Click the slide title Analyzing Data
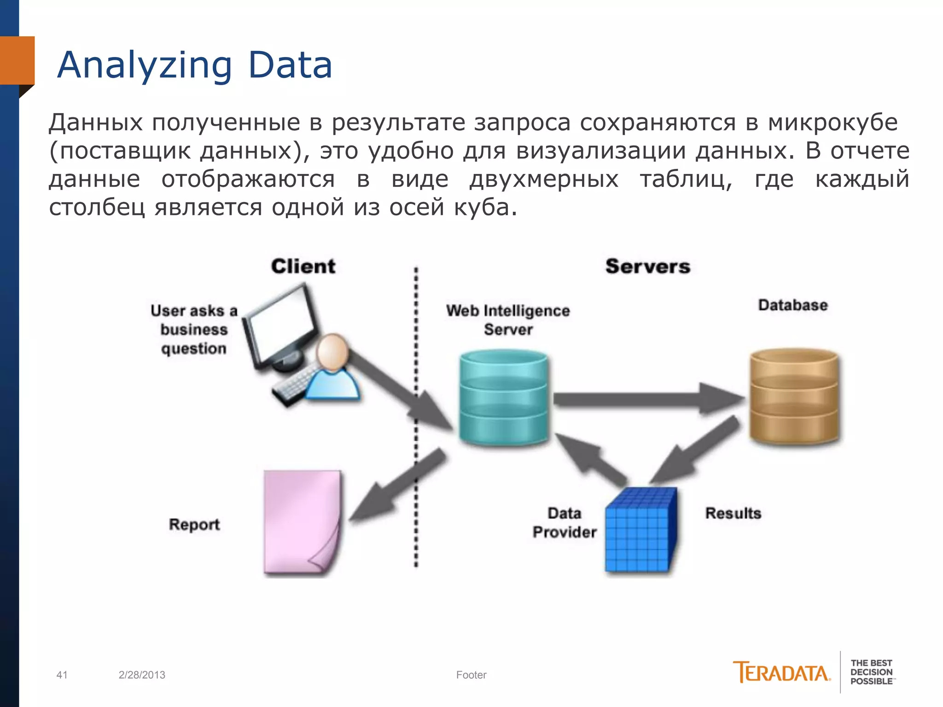coord(194,65)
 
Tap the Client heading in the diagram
coord(303,267)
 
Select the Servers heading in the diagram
coord(647,267)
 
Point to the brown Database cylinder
coord(794,396)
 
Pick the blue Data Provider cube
coord(640,532)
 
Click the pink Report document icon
coord(302,522)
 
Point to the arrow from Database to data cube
coord(695,453)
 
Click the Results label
coord(733,513)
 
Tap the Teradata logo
coord(781,673)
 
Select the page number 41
coord(62,675)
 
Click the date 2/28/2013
coord(142,675)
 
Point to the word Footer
coord(471,675)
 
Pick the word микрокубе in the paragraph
coord(832,122)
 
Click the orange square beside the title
coord(17,60)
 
